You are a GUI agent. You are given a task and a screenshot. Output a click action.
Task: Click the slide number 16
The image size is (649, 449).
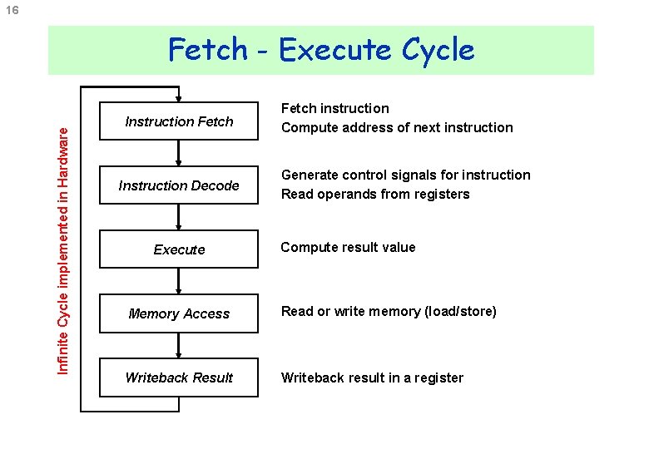(14, 9)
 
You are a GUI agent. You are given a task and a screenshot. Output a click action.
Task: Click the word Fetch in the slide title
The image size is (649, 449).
(208, 50)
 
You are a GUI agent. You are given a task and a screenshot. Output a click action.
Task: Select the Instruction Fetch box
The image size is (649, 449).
(179, 121)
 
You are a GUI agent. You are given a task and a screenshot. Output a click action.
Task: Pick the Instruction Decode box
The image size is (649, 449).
(179, 185)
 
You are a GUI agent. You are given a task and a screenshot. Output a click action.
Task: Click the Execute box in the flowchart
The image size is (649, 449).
(179, 249)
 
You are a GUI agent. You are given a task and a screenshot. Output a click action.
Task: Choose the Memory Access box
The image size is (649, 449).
(179, 313)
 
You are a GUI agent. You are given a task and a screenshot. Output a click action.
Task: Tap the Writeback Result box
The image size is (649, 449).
(179, 377)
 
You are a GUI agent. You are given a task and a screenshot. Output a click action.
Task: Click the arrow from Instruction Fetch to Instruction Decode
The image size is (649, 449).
(179, 154)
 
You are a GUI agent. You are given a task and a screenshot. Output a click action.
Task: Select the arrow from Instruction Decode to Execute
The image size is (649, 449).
(179, 218)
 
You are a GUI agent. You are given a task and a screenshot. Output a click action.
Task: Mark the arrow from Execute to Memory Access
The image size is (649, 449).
(179, 282)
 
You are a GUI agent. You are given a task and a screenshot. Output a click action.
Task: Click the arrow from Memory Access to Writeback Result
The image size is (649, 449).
(179, 346)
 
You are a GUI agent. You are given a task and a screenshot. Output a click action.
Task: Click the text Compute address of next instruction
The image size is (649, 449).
(397, 127)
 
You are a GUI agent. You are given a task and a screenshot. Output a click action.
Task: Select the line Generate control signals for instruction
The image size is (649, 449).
(405, 175)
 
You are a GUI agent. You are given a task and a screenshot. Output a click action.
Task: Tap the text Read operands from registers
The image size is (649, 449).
(375, 194)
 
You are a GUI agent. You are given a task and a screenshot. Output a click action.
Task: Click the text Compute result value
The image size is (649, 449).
(348, 247)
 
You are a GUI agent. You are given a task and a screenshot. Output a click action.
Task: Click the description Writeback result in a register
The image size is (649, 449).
(372, 377)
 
